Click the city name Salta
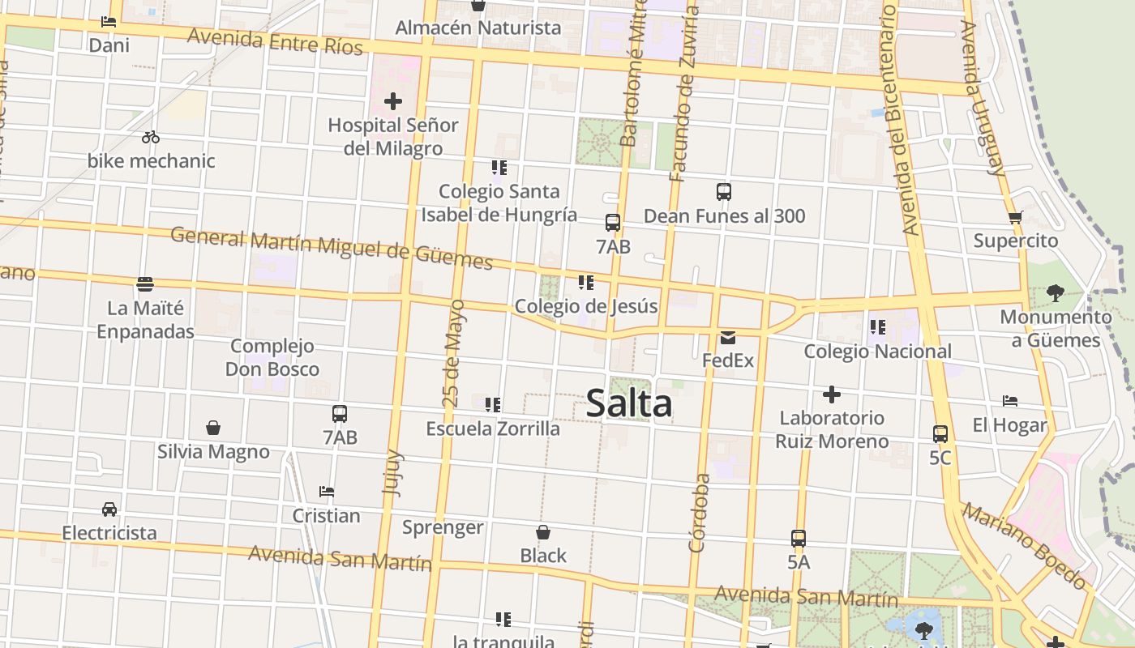pos(628,403)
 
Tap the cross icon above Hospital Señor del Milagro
pos(393,101)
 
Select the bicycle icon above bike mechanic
pos(151,137)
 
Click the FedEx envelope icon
pos(727,337)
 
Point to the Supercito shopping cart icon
pos(1015,217)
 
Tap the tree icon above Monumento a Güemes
pos(1055,292)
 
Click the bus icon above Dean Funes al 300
pos(724,192)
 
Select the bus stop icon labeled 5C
pos(940,434)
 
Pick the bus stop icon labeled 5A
pos(799,538)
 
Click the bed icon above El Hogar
pos(1010,401)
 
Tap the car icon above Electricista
pos(109,509)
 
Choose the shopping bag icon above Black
pos(543,532)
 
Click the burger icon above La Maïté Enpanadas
pos(145,284)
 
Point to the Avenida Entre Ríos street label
pos(275,42)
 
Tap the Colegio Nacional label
pos(877,352)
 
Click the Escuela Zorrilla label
pos(493,428)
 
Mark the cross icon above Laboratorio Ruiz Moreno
pos(831,394)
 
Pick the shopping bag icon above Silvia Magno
pos(213,427)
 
